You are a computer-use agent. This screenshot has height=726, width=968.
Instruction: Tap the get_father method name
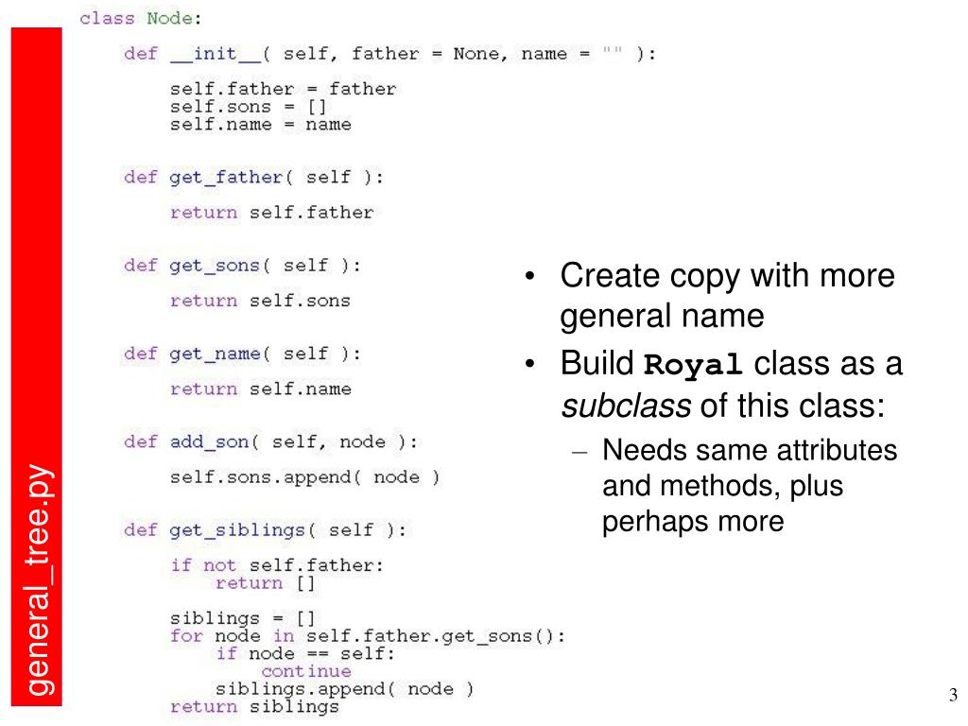pos(226,177)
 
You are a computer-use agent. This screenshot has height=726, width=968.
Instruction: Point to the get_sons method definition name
pos(215,266)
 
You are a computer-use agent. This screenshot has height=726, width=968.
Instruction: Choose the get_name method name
pos(215,354)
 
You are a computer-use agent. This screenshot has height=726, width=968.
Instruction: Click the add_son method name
pos(209,441)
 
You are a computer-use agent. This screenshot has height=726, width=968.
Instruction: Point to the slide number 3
pos(953,697)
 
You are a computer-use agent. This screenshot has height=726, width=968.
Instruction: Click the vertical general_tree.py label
pos(38,579)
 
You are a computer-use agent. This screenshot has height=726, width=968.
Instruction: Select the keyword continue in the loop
pos(306,671)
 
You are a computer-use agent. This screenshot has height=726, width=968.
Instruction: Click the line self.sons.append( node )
pos(304,477)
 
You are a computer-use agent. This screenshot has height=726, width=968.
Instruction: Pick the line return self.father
pos(272,212)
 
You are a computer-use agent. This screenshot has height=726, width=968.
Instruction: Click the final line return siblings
pos(254,706)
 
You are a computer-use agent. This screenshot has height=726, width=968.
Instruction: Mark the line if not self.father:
pos(277,565)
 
